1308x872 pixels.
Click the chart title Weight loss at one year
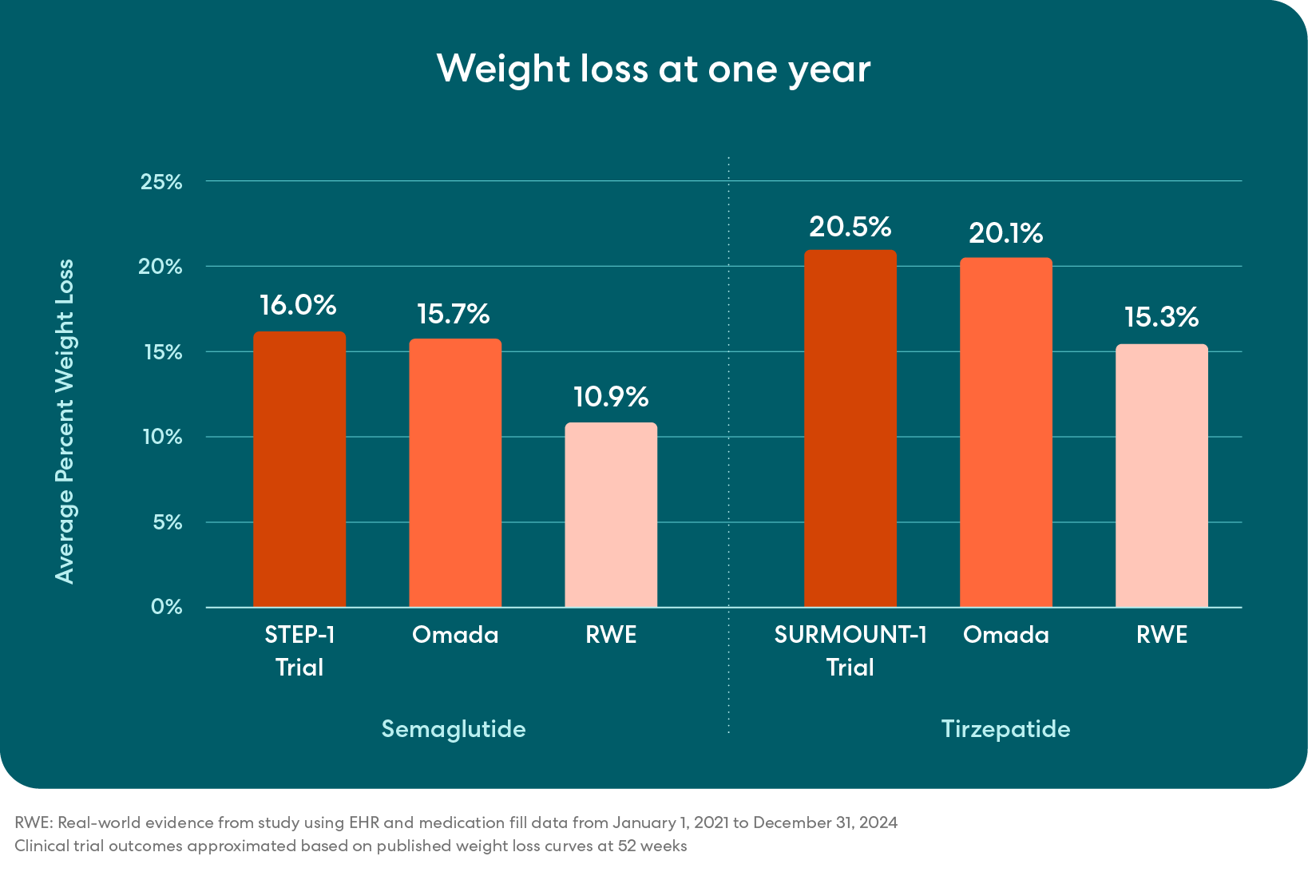[x=653, y=69]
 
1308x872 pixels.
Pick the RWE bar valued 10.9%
[x=611, y=515]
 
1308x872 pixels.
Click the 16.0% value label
[x=298, y=305]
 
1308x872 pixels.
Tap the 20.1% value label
[x=1005, y=233]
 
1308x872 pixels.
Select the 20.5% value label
[x=850, y=227]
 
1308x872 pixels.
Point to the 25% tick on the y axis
[x=161, y=182]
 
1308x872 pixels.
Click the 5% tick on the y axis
[x=166, y=522]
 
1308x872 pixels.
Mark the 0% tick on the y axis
[x=166, y=607]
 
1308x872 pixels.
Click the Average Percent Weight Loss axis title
[x=65, y=421]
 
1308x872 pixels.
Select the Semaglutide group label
[x=453, y=729]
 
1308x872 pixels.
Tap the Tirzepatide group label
[x=1005, y=729]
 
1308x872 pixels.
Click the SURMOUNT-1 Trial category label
[x=850, y=651]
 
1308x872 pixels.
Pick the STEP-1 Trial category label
[x=299, y=651]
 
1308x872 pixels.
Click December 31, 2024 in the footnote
[x=825, y=822]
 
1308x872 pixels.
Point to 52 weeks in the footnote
[x=652, y=846]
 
